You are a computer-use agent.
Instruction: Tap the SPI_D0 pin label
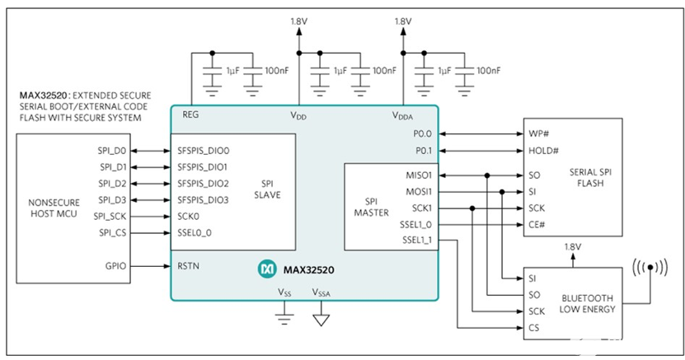(112, 151)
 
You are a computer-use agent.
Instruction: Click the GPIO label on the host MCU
(115, 266)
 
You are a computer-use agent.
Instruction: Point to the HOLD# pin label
(543, 150)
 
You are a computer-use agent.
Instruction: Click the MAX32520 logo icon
(267, 269)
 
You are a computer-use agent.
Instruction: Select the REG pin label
(190, 115)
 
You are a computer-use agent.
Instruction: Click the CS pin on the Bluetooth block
(533, 328)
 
